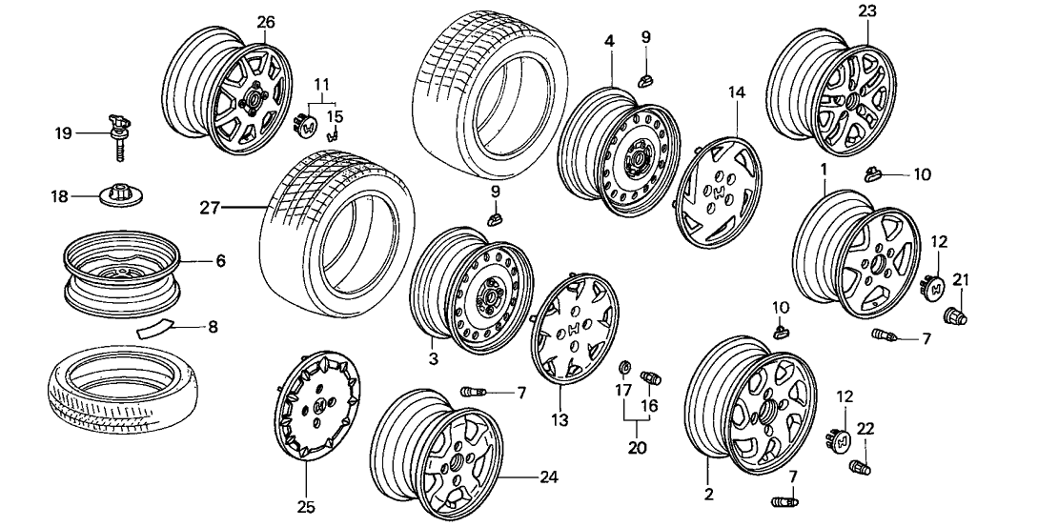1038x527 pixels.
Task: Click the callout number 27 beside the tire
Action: point(212,205)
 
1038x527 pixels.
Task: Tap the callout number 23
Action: point(866,11)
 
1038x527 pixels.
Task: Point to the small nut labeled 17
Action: point(624,367)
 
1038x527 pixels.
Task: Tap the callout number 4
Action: point(608,42)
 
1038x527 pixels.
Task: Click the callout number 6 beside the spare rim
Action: point(220,259)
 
